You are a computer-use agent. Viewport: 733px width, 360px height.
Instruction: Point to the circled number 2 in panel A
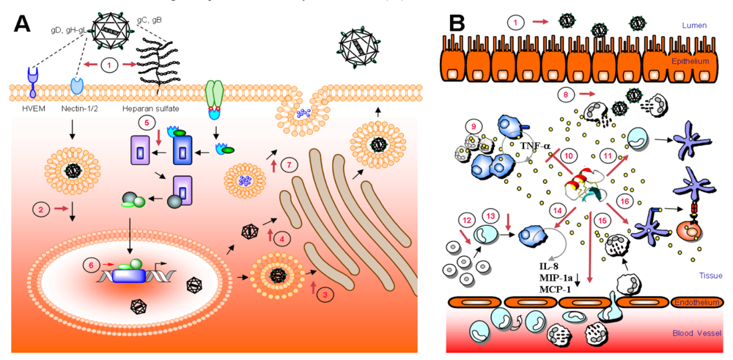point(44,210)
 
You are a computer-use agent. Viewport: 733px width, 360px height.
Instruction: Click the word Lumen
point(693,24)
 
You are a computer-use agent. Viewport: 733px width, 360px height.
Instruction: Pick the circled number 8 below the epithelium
point(564,94)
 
